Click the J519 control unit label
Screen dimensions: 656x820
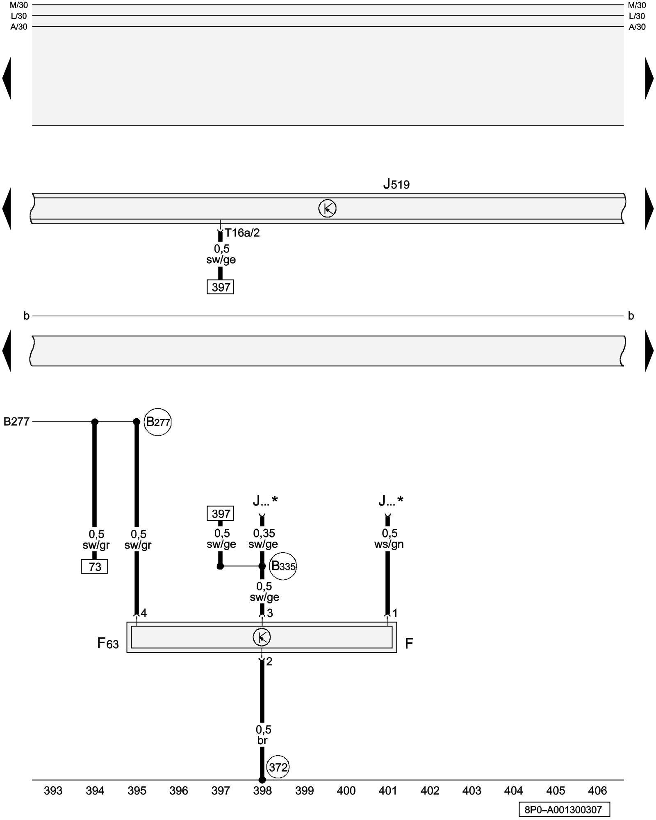396,184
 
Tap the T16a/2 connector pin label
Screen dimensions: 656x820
242,233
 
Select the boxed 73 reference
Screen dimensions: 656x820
95,567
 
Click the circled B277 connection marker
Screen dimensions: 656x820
158,422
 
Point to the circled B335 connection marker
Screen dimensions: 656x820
283,566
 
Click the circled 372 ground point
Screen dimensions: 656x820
278,767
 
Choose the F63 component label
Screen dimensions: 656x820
108,643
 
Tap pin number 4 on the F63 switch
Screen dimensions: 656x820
143,613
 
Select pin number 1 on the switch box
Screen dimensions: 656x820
395,613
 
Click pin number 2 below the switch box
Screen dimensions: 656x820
269,662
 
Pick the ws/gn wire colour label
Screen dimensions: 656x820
389,544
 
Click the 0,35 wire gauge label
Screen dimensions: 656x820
264,533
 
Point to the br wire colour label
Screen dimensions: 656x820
262,740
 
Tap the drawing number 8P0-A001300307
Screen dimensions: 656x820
564,810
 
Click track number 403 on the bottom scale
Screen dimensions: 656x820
471,791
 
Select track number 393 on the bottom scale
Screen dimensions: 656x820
53,791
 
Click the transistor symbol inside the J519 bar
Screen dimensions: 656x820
327,209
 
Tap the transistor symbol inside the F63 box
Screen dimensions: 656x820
262,637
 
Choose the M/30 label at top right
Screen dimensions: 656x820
637,5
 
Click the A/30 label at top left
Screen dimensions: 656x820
19,27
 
